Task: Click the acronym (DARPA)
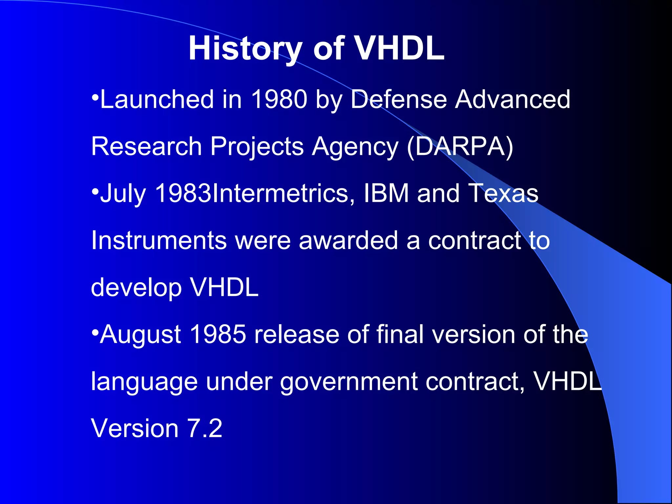coord(460,147)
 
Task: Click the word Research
coord(146,146)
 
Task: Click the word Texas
coord(503,193)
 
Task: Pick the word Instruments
coord(159,241)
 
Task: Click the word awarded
coord(348,241)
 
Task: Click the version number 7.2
coord(205,429)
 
